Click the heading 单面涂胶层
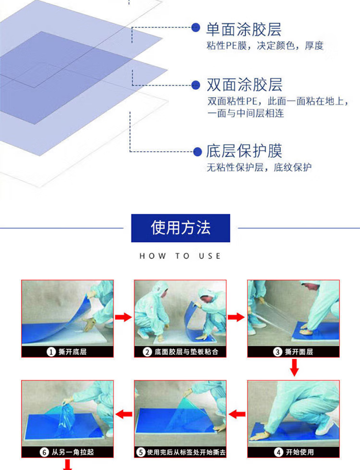pyautogui.click(x=244, y=29)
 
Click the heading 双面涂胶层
pyautogui.click(x=244, y=84)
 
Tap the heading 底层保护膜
pyautogui.click(x=244, y=151)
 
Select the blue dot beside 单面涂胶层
pyautogui.click(x=196, y=27)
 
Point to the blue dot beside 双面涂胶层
pyautogui.click(x=196, y=85)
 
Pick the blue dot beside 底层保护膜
pyautogui.click(x=197, y=152)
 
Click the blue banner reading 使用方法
pyautogui.click(x=180, y=228)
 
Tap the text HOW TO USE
pyautogui.click(x=180, y=256)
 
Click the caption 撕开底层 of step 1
pyautogui.click(x=72, y=351)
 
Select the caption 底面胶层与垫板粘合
pyautogui.click(x=186, y=351)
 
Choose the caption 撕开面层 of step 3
pyautogui.click(x=299, y=351)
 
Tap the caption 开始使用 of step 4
pyautogui.click(x=300, y=452)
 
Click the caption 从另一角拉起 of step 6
pyautogui.click(x=73, y=452)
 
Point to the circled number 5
pyautogui.click(x=141, y=452)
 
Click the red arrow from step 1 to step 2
pyautogui.click(x=123, y=317)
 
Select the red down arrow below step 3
pyautogui.click(x=294, y=367)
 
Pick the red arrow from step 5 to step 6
pyautogui.click(x=124, y=414)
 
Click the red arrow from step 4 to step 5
pyautogui.click(x=237, y=414)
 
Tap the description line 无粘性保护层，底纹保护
pyautogui.click(x=259, y=167)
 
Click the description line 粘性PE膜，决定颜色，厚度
pyautogui.click(x=265, y=46)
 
